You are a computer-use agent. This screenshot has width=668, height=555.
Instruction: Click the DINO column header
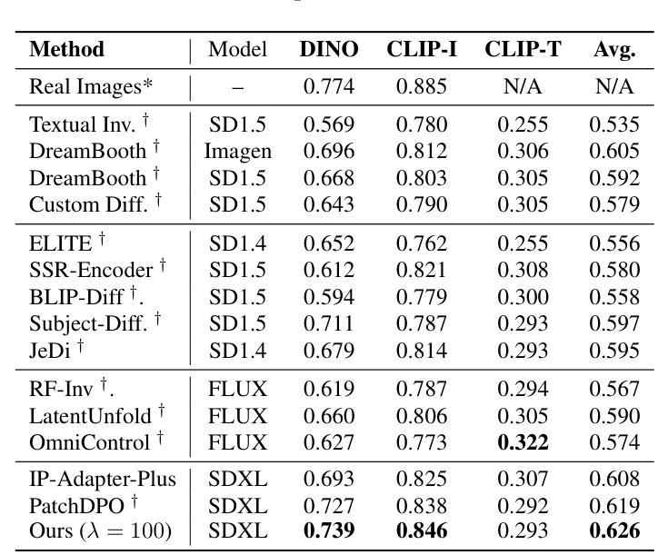tap(329, 49)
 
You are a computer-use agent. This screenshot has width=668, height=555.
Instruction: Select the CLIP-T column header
tap(523, 49)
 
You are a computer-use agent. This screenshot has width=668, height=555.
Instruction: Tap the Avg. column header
tap(613, 49)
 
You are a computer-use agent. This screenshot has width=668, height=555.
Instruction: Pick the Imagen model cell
tap(238, 151)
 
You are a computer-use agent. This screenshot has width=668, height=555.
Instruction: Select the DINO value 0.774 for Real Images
tap(329, 88)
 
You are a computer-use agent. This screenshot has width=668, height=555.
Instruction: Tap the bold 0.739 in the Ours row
tap(329, 529)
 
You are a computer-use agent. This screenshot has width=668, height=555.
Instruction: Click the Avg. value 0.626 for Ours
tap(613, 529)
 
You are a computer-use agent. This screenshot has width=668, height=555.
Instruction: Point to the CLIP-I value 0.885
tap(423, 88)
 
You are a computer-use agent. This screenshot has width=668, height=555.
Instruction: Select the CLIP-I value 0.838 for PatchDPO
tap(423, 504)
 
